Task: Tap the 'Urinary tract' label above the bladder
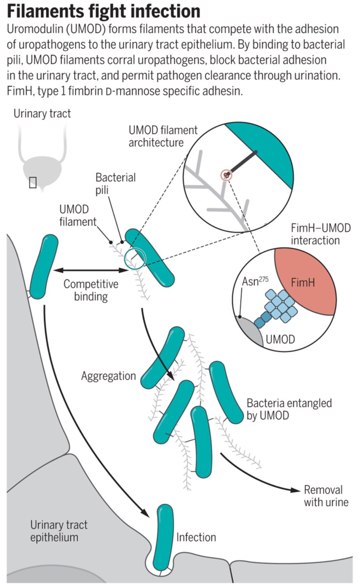point(42,113)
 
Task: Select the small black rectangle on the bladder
point(33,182)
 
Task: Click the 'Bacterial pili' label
point(115,184)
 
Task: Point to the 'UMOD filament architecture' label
point(163,136)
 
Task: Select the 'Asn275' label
point(255,281)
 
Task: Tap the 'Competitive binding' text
point(91,290)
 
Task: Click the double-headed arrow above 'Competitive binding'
point(91,270)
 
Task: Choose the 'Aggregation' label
point(108,376)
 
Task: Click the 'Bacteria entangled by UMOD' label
point(289,409)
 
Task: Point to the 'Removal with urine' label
point(326,496)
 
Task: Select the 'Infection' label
point(196,537)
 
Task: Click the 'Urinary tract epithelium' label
point(59,531)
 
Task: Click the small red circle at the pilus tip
point(226,175)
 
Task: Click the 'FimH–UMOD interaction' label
point(321,234)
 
